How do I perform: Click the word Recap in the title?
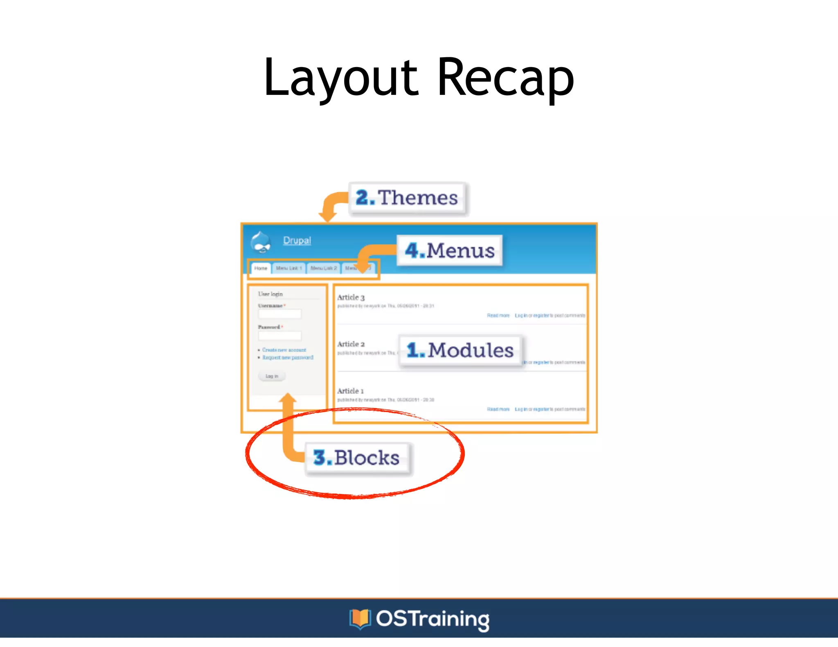(506, 78)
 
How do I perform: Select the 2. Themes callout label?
(407, 198)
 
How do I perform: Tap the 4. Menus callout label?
(450, 250)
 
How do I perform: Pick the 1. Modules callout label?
(460, 350)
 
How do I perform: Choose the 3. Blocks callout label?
(357, 458)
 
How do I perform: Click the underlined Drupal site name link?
(297, 240)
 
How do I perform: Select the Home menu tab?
(261, 268)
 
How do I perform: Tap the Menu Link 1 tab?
(289, 268)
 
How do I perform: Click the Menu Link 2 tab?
(323, 268)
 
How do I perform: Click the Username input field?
(279, 314)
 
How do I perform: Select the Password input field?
(279, 336)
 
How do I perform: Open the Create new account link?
(284, 350)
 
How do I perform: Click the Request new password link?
(288, 357)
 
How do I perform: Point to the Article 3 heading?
(351, 297)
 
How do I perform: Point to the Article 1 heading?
(350, 391)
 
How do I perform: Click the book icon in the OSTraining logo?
(360, 618)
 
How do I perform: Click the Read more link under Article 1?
(498, 409)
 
